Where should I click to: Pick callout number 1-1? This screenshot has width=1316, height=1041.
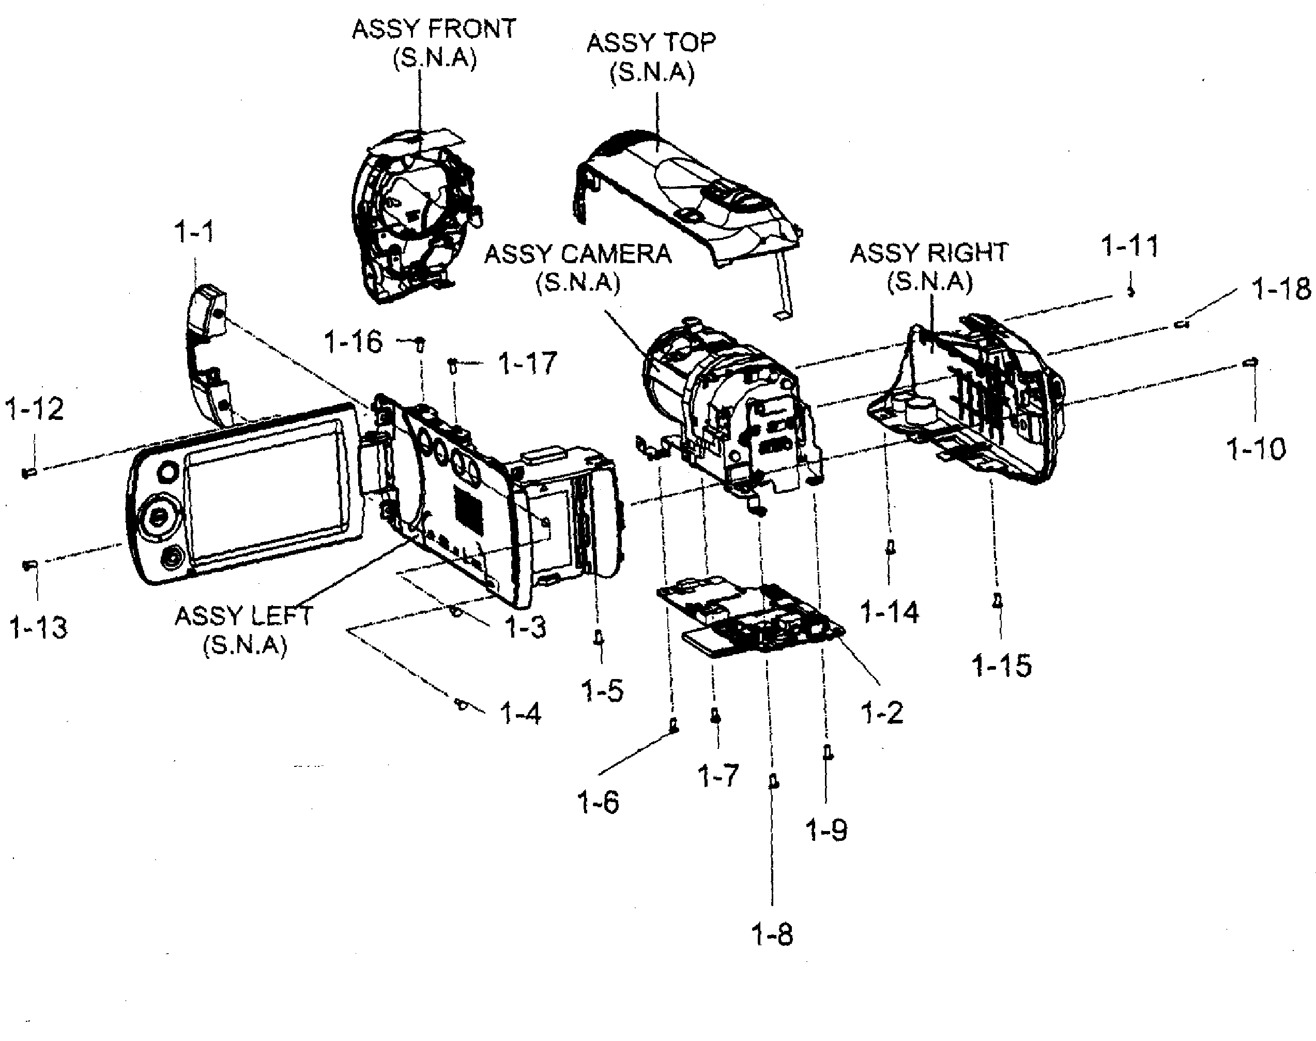(x=194, y=232)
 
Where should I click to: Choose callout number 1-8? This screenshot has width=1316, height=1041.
(x=772, y=934)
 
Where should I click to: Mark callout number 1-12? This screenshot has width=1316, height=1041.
(x=35, y=409)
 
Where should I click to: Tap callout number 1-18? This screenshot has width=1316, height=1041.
(x=1281, y=289)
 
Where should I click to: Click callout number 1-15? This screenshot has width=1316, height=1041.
(x=1002, y=665)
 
